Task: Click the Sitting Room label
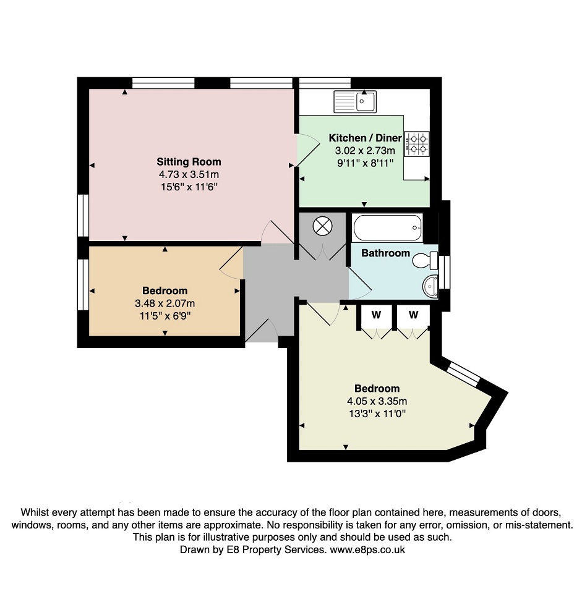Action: [x=189, y=162]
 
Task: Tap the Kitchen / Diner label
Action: [x=366, y=138]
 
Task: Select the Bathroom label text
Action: [x=385, y=253]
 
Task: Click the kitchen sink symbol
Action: [x=355, y=102]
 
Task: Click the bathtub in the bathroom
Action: [x=387, y=227]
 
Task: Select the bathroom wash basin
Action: [x=430, y=286]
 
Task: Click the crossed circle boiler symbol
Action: [x=322, y=226]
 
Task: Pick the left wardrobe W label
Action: [x=377, y=315]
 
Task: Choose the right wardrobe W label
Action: [x=413, y=315]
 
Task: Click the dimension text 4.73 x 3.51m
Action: [x=189, y=174]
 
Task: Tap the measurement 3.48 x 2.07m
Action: [x=165, y=303]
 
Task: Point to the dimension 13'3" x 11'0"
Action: [x=377, y=414]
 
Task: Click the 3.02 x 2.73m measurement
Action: [x=365, y=151]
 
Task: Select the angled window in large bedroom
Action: [x=464, y=375]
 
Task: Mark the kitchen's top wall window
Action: [x=325, y=83]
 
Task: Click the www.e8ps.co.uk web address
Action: [x=367, y=550]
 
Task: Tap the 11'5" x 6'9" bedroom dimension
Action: [x=165, y=316]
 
